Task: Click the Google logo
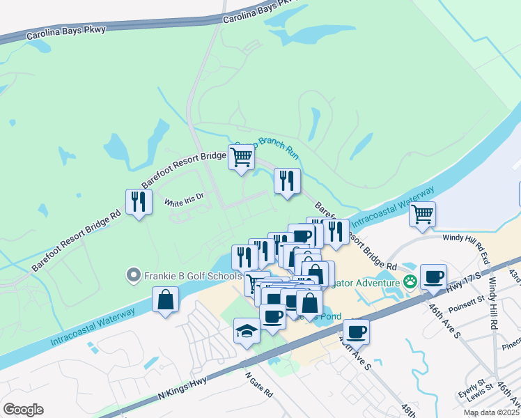[23, 410]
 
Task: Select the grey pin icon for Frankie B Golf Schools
[132, 276]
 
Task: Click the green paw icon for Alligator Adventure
[410, 282]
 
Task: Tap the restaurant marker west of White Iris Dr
[139, 202]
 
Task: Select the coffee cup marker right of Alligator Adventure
[433, 277]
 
